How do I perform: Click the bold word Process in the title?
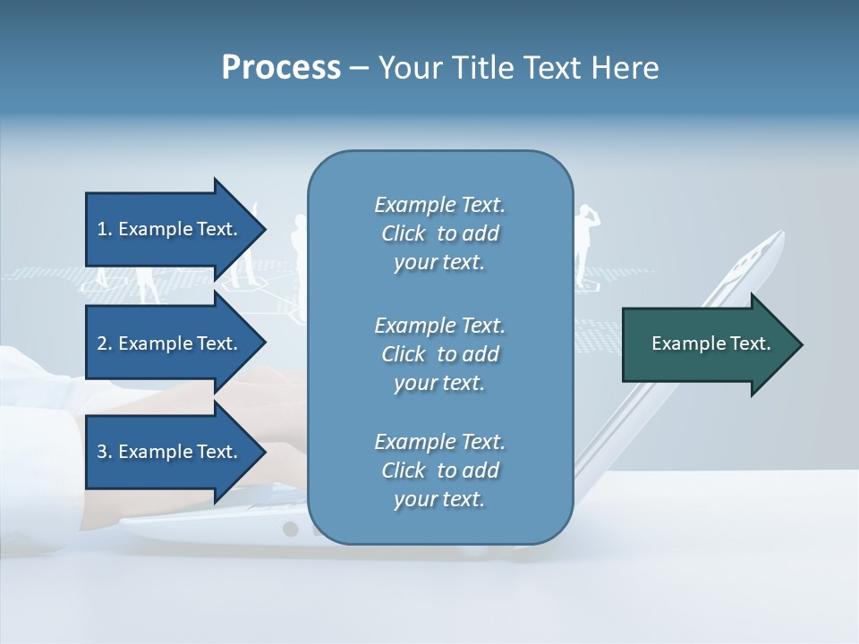[x=281, y=68]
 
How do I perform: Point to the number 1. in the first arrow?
[x=105, y=229]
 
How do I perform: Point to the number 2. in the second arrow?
[x=105, y=343]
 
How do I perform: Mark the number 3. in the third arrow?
[x=105, y=452]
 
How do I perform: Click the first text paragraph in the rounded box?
[x=439, y=233]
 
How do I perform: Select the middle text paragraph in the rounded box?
[x=439, y=354]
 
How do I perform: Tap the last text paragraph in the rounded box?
[x=439, y=470]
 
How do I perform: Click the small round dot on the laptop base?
[x=290, y=529]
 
